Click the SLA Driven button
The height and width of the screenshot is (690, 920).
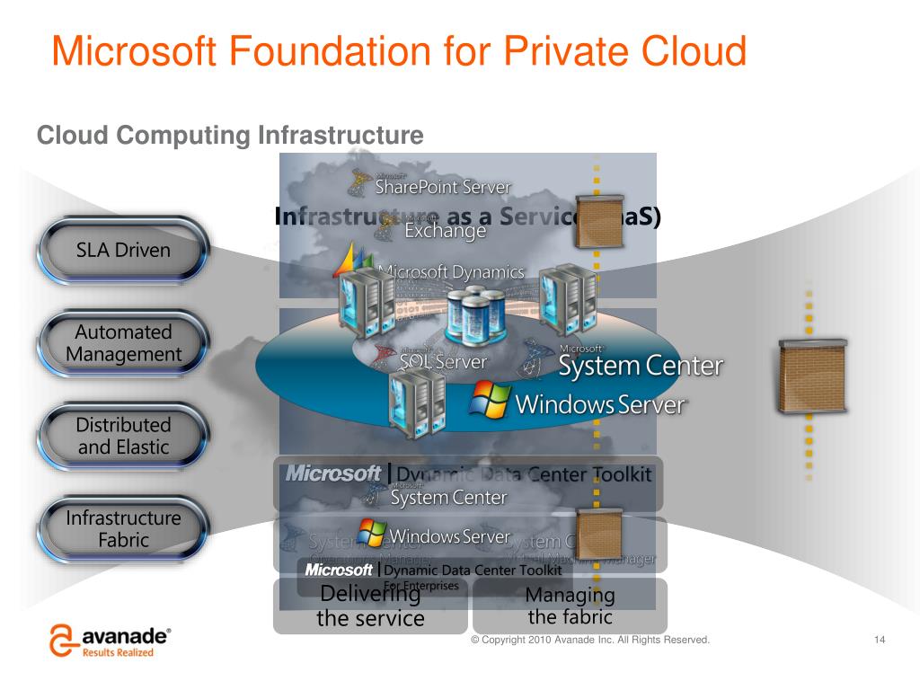point(123,250)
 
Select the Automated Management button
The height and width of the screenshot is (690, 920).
point(123,343)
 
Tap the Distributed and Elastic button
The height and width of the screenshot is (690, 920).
point(123,436)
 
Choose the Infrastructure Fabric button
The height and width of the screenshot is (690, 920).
point(123,529)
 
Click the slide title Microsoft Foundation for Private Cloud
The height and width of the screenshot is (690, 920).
point(399,50)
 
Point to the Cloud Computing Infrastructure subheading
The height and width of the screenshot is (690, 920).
point(230,136)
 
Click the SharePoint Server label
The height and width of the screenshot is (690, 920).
point(442,187)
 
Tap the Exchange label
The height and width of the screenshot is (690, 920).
point(445,231)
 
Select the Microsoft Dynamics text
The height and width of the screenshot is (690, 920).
point(452,271)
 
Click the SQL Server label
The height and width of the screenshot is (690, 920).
point(443,362)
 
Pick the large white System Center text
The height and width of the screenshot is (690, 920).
point(641,366)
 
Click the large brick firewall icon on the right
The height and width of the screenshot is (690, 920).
point(811,376)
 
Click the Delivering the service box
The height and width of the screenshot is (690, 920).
point(370,606)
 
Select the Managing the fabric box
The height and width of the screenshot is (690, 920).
point(570,606)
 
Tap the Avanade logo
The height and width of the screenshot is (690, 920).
point(111,641)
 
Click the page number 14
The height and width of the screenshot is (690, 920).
point(880,640)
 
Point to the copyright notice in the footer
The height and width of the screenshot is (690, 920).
point(590,640)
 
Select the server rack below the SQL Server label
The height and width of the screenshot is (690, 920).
point(411,402)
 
